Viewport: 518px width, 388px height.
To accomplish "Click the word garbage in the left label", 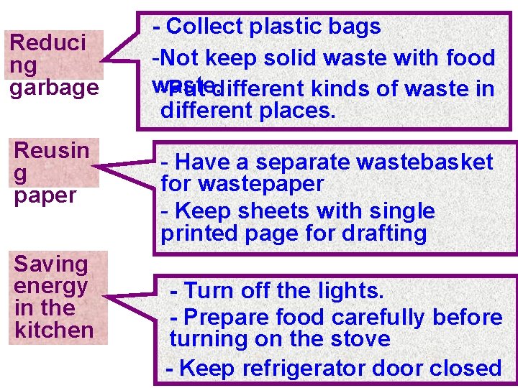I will (x=53, y=88).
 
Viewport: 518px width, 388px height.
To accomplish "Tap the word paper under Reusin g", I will (x=45, y=195).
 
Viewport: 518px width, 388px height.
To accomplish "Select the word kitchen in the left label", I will (x=54, y=330).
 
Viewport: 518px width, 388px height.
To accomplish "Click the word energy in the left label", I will (x=51, y=286).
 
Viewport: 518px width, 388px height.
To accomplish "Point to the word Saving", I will (x=50, y=264).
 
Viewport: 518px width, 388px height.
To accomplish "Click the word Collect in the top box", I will (x=204, y=27).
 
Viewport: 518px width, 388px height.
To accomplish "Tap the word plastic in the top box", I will (x=285, y=27).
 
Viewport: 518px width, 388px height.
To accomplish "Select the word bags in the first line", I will (x=353, y=27).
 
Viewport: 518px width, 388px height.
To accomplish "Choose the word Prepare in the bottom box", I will (x=229, y=317).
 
